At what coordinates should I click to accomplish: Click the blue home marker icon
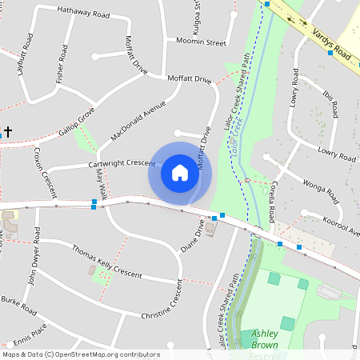pos(179,172)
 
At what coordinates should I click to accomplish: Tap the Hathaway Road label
pos(83,14)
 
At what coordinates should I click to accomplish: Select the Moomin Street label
pos(200,42)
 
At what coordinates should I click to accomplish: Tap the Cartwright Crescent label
pos(121,163)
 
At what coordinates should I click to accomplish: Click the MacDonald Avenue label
pos(138,120)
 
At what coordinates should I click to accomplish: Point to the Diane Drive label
pos(194,234)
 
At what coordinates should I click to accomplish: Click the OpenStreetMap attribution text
pos(80,354)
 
